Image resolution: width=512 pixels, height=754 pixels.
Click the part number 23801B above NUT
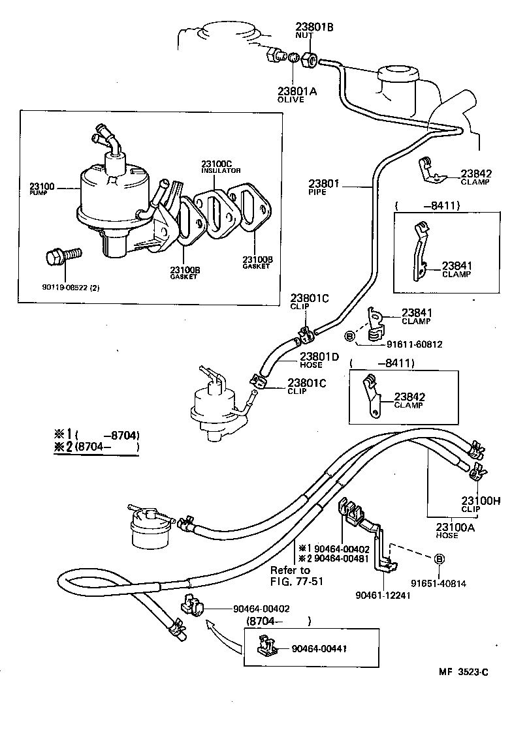[314, 27]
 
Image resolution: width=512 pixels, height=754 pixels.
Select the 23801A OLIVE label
[297, 95]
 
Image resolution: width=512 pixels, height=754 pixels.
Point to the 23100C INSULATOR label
[221, 166]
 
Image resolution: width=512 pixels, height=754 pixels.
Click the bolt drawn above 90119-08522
[63, 256]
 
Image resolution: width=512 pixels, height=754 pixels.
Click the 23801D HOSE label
[319, 360]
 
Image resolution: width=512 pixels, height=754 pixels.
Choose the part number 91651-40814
[438, 584]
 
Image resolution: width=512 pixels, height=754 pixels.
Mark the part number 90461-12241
[383, 595]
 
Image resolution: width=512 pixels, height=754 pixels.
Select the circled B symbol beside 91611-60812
[349, 336]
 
